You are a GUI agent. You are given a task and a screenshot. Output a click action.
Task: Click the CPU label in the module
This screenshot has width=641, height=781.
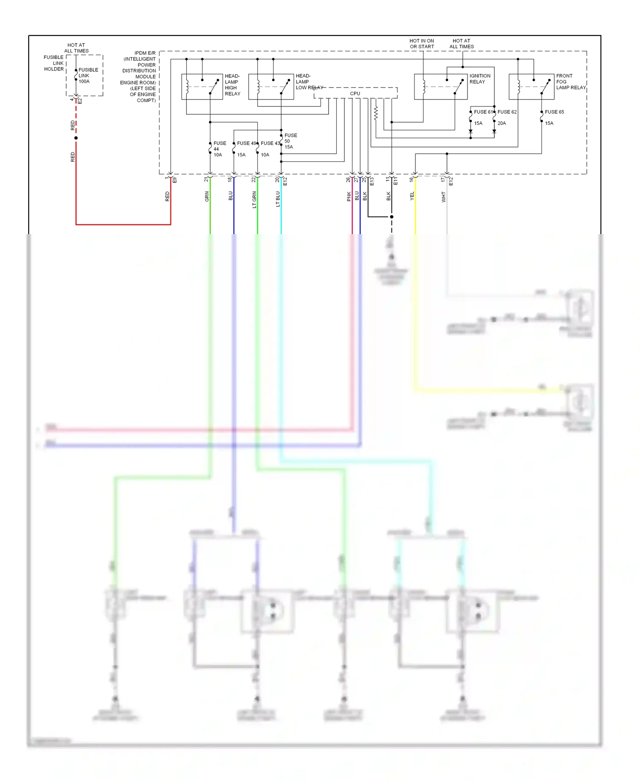355,94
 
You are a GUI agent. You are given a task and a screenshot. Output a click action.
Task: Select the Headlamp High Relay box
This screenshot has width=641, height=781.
202,87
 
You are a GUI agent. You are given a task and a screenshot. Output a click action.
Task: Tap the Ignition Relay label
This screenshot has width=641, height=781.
479,79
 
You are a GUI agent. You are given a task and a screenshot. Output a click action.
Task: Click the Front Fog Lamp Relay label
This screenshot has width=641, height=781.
570,82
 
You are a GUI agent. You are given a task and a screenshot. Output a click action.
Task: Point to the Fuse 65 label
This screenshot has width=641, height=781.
554,112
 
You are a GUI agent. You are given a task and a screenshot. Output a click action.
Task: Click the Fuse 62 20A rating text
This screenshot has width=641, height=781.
501,123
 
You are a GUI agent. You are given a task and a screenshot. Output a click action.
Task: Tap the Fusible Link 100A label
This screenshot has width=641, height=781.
88,76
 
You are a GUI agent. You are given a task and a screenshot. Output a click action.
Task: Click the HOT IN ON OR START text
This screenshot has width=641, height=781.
422,44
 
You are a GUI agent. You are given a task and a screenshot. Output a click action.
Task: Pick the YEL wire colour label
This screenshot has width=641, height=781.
412,196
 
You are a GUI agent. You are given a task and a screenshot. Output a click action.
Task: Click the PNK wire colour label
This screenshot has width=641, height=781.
349,197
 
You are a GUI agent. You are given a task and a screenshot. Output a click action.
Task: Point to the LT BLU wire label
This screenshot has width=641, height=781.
278,199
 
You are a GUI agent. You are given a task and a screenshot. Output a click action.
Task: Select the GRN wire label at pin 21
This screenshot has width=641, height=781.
207,197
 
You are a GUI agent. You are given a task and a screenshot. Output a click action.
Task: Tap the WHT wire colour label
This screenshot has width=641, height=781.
444,197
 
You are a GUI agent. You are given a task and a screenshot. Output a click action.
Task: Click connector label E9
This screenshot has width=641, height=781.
174,180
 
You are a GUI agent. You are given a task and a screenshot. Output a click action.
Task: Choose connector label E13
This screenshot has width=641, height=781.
372,181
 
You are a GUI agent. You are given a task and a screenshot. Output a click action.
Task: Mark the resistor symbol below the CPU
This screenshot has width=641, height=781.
376,113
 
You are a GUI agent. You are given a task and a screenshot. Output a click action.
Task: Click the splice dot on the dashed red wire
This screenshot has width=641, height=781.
76,138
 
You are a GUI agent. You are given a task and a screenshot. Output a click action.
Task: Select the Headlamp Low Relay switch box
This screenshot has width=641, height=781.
271,87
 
